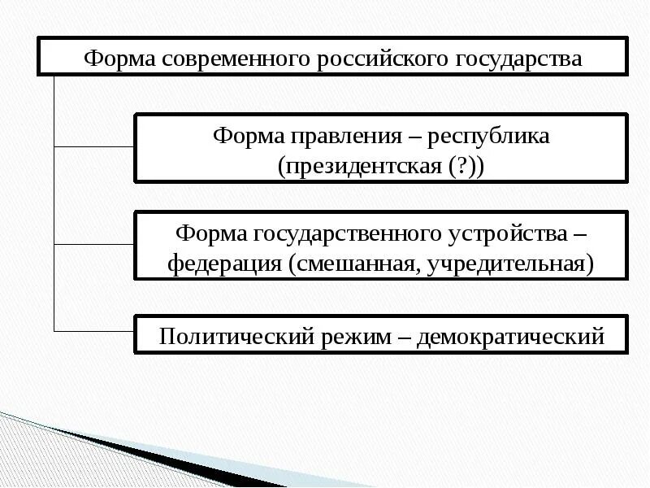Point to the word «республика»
tap(492, 135)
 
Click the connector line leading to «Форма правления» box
tap(93, 146)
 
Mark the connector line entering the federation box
tap(93, 244)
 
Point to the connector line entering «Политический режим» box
tap(93, 331)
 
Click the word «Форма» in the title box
tap(119, 59)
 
